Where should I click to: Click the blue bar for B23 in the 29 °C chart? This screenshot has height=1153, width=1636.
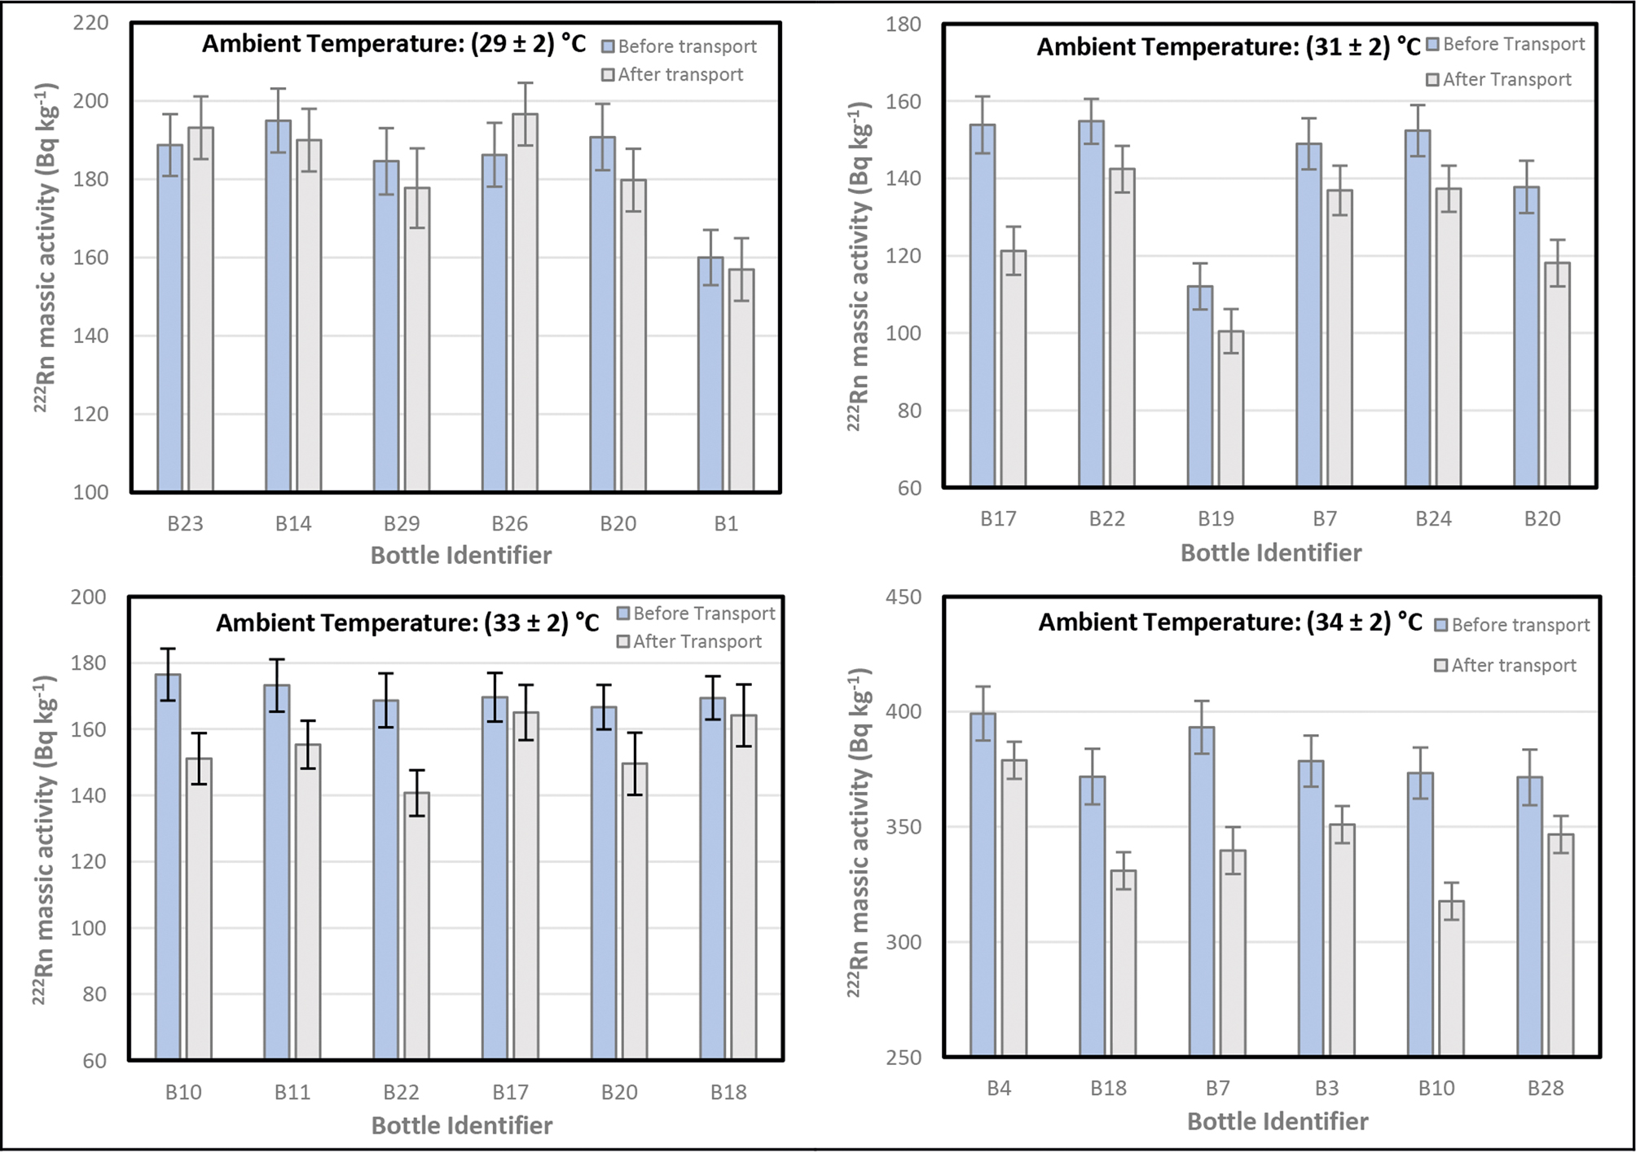(x=169, y=318)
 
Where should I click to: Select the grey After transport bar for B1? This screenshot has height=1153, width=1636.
(x=741, y=380)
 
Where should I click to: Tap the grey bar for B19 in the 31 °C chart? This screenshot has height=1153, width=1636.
(x=1231, y=409)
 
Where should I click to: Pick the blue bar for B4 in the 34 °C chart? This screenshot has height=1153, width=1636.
(x=983, y=885)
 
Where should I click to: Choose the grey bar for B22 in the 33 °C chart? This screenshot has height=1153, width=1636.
(x=416, y=926)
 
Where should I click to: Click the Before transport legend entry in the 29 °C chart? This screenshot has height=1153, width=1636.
(x=679, y=46)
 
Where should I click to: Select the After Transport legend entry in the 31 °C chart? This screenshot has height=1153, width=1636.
(x=1499, y=80)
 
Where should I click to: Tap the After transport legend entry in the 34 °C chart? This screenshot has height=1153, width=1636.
(x=1506, y=666)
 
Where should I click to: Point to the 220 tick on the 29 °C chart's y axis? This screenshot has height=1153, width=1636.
(x=90, y=22)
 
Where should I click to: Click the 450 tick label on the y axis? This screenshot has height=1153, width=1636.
(x=904, y=597)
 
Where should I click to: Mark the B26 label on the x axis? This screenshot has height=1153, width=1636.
(x=509, y=524)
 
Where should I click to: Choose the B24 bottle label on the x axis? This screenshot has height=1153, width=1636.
(x=1433, y=519)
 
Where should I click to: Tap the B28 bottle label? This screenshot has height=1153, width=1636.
(x=1545, y=1089)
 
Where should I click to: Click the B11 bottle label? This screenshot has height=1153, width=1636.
(x=292, y=1093)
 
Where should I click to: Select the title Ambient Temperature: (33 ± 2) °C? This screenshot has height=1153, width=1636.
(x=407, y=623)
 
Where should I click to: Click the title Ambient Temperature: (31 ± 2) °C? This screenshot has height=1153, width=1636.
(x=1229, y=47)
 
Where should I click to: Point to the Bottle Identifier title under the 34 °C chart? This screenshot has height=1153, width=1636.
(x=1278, y=1122)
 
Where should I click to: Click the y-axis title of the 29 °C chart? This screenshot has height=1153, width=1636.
(x=46, y=247)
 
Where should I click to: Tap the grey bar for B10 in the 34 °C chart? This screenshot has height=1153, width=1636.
(x=1451, y=979)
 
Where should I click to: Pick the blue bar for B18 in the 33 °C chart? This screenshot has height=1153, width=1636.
(x=713, y=878)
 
